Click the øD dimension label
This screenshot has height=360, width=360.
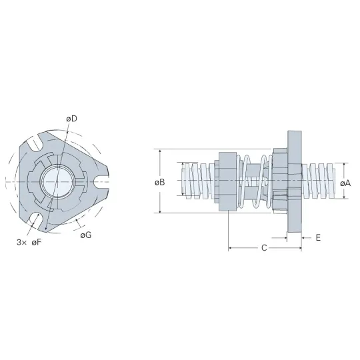pyautogui.click(x=71, y=119)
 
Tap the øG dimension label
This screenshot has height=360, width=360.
pyautogui.click(x=86, y=235)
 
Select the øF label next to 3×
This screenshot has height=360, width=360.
pyautogui.click(x=37, y=242)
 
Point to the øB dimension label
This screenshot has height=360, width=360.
pyautogui.click(x=159, y=183)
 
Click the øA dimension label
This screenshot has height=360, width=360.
pyautogui.click(x=345, y=183)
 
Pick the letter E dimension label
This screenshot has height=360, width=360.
pyautogui.click(x=318, y=238)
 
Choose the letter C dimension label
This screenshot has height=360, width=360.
pyautogui.click(x=264, y=248)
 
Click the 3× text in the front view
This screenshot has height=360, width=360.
pyautogui.click(x=22, y=242)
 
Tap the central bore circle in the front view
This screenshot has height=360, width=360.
pyautogui.click(x=57, y=181)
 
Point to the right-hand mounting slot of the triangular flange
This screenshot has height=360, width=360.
pyautogui.click(x=101, y=182)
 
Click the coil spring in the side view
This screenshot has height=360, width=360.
pyautogui.click(x=255, y=181)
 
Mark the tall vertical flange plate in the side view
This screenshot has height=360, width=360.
pyautogui.click(x=295, y=181)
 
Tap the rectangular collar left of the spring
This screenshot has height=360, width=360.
pyautogui.click(x=228, y=181)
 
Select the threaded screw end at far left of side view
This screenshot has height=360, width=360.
pyautogui.click(x=198, y=181)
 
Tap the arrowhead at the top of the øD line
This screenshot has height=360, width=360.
pyautogui.click(x=67, y=131)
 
